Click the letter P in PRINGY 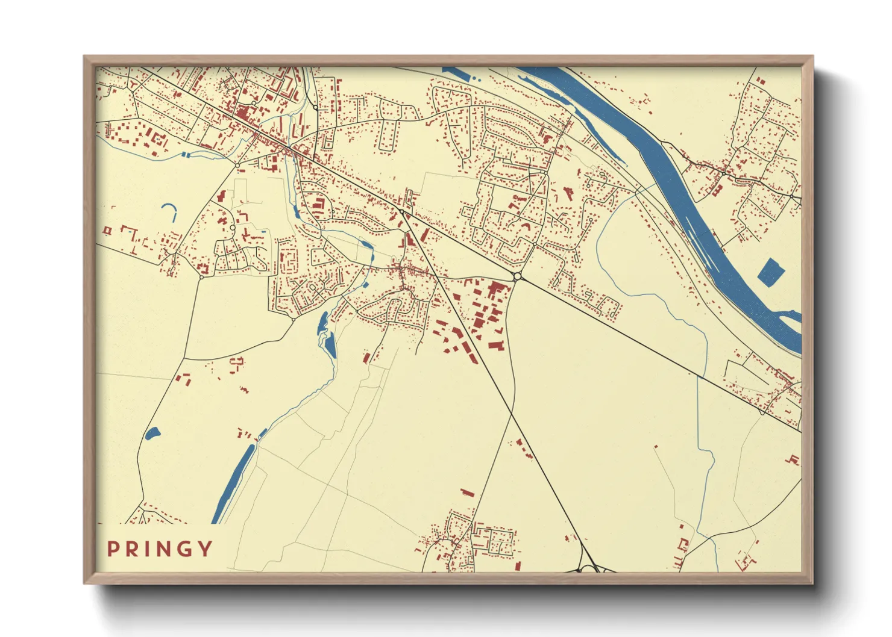click(113, 548)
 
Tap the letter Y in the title click(206, 548)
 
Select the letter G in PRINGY click(185, 548)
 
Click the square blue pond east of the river click(770, 272)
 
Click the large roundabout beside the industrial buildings click(517, 276)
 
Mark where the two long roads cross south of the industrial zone click(512, 414)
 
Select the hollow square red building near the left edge click(108, 230)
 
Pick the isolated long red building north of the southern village click(467, 493)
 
